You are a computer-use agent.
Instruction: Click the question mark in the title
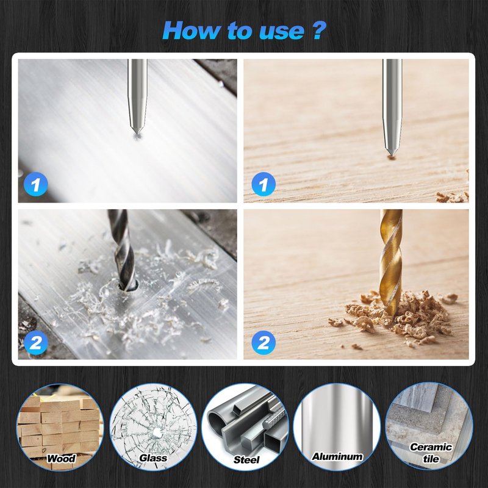pyautogui.click(x=318, y=30)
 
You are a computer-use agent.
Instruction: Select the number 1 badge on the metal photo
pyautogui.click(x=35, y=184)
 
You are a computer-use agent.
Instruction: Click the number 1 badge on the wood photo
pyautogui.click(x=264, y=184)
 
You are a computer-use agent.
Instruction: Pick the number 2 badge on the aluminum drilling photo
pyautogui.click(x=35, y=343)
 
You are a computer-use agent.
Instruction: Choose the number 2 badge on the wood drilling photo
pyautogui.click(x=264, y=343)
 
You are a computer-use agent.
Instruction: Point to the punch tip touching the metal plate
pyautogui.click(x=137, y=133)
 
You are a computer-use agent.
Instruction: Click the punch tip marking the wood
pyautogui.click(x=391, y=155)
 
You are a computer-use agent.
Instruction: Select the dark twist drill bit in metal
pyautogui.click(x=123, y=249)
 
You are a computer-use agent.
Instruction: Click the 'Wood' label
pyautogui.click(x=62, y=459)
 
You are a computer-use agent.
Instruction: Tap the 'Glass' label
pyautogui.click(x=153, y=458)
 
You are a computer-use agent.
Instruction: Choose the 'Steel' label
pyautogui.click(x=246, y=460)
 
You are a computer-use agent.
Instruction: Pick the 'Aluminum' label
pyautogui.click(x=337, y=456)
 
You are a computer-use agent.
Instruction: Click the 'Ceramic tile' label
pyautogui.click(x=431, y=453)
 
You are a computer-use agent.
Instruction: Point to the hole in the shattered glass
pyautogui.click(x=156, y=432)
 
